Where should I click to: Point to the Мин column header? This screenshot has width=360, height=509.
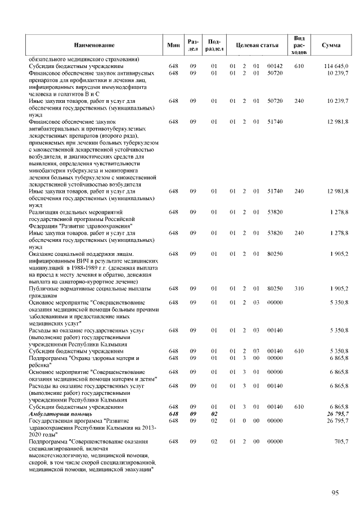click(173, 44)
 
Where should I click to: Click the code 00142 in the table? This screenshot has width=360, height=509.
click(274, 66)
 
